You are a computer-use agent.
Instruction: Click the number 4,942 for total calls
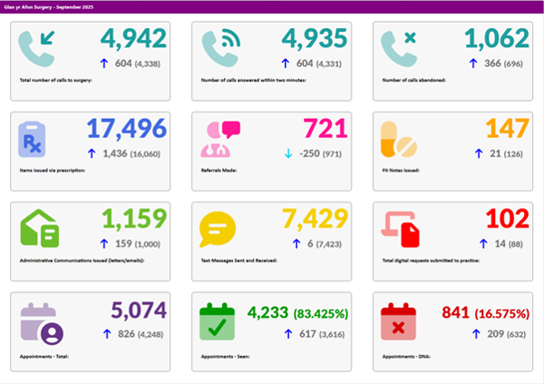133,39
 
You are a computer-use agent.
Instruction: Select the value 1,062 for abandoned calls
495,39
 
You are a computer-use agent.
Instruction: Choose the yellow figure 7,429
315,219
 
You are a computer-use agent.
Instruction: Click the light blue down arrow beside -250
287,153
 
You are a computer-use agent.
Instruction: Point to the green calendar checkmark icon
218,322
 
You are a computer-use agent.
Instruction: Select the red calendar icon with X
399,322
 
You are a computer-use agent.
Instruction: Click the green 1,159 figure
133,219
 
